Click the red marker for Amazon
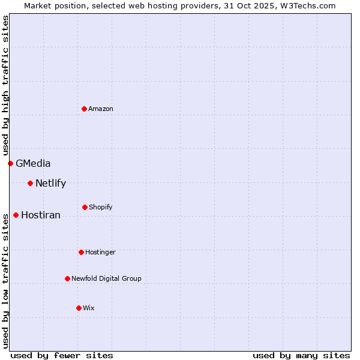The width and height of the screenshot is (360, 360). tap(84, 109)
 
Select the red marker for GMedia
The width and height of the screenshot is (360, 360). tap(10, 163)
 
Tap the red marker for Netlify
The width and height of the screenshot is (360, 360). tap(30, 183)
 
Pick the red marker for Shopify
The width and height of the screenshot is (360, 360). tap(85, 207)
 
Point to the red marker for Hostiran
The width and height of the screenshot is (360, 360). tap(16, 215)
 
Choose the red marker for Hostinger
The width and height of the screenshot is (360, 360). tap(81, 252)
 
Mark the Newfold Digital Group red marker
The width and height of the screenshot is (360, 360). tap(67, 278)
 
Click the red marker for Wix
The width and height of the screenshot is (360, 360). tap(79, 308)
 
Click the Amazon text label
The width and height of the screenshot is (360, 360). tap(101, 109)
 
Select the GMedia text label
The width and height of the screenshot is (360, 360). tap(33, 163)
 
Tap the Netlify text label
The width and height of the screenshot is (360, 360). tap(50, 184)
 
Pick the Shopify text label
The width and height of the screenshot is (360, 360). tap(101, 207)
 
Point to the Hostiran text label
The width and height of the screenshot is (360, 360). tap(41, 215)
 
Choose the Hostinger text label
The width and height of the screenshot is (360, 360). tap(100, 252)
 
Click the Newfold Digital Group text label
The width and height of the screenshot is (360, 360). tap(106, 278)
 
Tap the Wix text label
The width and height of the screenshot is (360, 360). tap(89, 308)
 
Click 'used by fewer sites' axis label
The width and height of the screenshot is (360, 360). tap(62, 355)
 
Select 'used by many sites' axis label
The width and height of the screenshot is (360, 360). tap(301, 355)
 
